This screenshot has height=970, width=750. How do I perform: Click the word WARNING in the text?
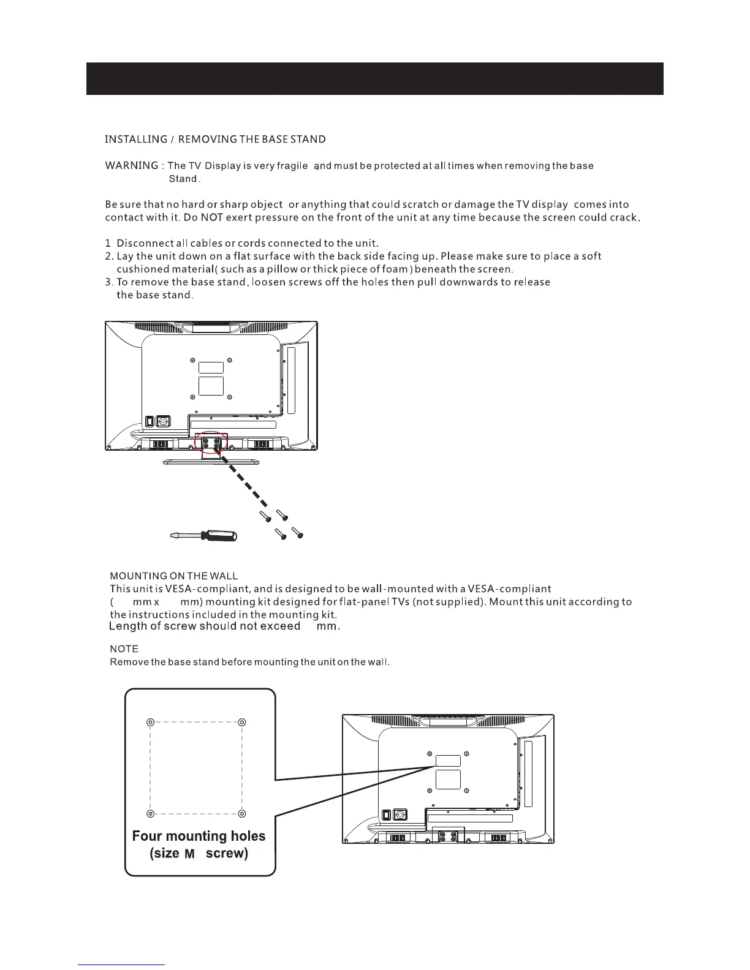click(x=132, y=165)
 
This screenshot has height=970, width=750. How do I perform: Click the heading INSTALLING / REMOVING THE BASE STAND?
click(x=215, y=139)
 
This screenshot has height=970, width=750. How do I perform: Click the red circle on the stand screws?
click(x=211, y=444)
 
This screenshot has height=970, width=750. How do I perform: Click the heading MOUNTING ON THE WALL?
click(x=173, y=576)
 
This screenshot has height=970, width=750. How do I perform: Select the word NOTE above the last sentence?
click(x=124, y=649)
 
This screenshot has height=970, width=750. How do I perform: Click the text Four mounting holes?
click(x=199, y=836)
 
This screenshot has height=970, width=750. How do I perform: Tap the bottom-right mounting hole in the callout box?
click(x=242, y=813)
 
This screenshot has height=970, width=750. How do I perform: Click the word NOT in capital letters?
click(x=210, y=217)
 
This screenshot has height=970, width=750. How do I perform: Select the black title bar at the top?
click(x=374, y=78)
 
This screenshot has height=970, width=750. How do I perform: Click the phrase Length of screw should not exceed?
click(x=205, y=626)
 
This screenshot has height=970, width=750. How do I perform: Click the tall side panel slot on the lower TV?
click(x=529, y=773)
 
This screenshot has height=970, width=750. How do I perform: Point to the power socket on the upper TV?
click(x=163, y=421)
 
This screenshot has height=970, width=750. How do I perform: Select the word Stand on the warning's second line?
click(x=183, y=179)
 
